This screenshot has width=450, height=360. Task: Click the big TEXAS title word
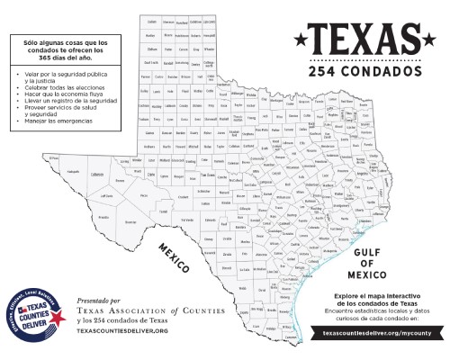(x=360, y=37)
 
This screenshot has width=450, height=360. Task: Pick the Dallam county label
(x=152, y=21)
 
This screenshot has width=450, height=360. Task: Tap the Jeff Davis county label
(x=106, y=194)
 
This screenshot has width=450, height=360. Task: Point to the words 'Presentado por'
(x=99, y=300)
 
